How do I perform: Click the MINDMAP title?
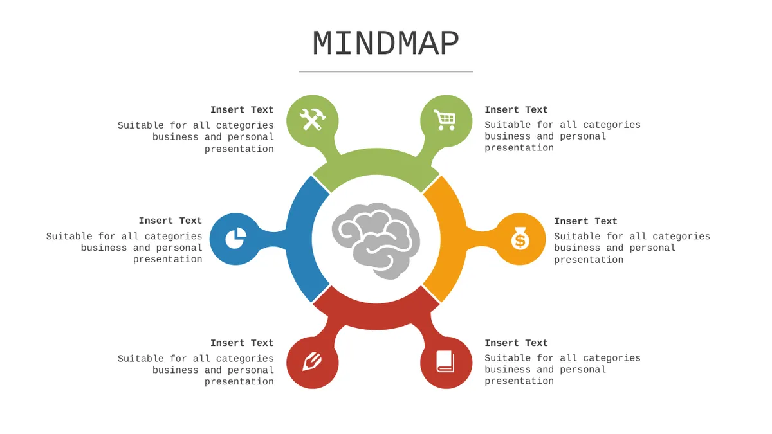point(385,43)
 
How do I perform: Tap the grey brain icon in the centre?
point(376,240)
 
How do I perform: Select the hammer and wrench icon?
point(313,119)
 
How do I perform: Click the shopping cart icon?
point(445,120)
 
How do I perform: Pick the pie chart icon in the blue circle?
point(235,238)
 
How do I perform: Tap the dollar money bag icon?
point(520,239)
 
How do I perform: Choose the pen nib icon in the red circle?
point(312,361)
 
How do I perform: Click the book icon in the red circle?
point(445,361)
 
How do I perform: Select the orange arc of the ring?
point(452,239)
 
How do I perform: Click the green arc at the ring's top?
point(376,162)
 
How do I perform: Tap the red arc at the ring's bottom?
point(376,316)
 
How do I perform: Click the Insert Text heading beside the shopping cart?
point(516,110)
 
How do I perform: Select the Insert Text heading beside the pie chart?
point(170,221)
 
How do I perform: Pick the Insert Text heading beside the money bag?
point(585,221)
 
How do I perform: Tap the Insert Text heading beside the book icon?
point(516,343)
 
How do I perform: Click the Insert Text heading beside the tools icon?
point(242,110)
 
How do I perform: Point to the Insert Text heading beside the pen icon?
point(242,343)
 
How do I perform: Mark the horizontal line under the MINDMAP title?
point(385,71)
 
